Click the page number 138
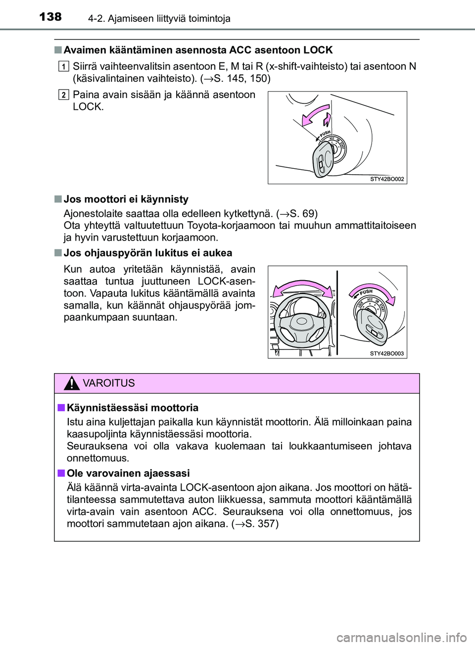pos(50,17)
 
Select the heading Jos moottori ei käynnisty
pos(126,199)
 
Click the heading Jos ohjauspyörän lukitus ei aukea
pos(148,252)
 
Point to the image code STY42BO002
pos(386,179)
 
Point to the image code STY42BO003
pos(386,353)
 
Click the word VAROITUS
pos(109,384)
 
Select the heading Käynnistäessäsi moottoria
pos(133,408)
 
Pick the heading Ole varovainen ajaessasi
pos(128,473)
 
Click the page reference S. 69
pos(299,213)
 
